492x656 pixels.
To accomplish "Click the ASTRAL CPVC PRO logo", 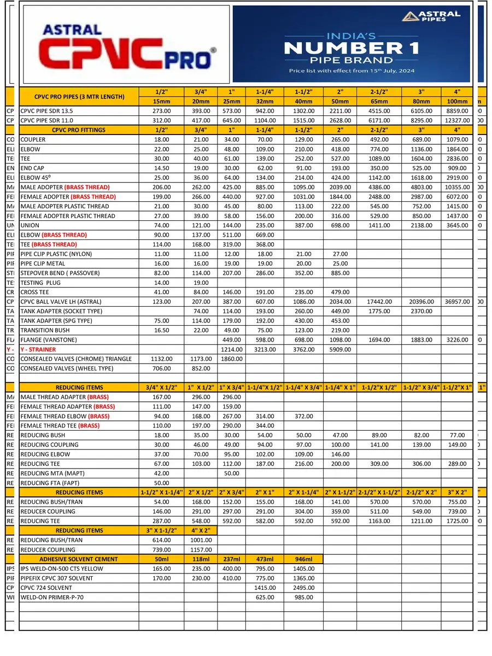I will (x=124, y=45).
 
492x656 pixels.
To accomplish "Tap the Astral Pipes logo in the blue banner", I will (x=431, y=16).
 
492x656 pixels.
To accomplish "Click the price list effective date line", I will (x=352, y=71).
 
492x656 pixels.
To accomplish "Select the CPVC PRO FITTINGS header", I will (x=79, y=130).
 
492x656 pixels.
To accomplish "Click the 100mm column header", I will (x=457, y=101).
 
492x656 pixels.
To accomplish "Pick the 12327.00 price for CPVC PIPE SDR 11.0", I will (x=457, y=120).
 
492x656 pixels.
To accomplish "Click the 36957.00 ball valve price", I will (x=457, y=302).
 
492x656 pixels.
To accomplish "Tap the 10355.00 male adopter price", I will (x=457, y=188).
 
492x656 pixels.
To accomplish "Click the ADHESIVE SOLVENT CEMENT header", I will (x=79, y=559).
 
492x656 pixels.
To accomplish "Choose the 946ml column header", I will (x=303, y=559).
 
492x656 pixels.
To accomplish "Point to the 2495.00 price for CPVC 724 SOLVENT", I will (x=303, y=588).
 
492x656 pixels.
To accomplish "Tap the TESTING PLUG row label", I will (x=40, y=283).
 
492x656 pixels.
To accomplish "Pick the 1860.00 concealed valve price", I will (x=232, y=359).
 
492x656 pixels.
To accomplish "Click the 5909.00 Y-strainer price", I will (x=340, y=349).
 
